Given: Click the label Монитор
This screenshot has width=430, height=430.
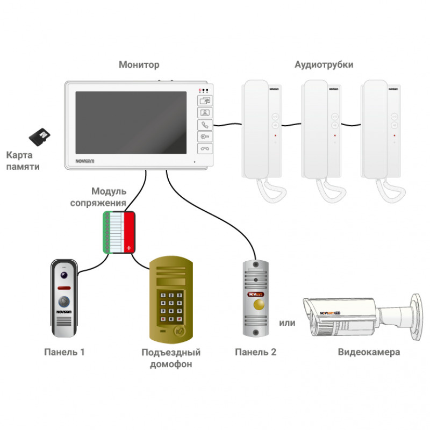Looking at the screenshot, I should pyautogui.click(x=139, y=65).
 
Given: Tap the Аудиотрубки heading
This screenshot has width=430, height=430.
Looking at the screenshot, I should pyautogui.click(x=324, y=65).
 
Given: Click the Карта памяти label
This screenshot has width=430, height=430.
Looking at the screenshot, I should pyautogui.click(x=23, y=161).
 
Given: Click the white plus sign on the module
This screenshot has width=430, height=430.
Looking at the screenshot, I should pyautogui.click(x=128, y=248).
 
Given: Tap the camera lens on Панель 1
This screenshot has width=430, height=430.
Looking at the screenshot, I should pyautogui.click(x=64, y=275).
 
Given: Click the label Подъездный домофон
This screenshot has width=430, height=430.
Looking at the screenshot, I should pyautogui.click(x=171, y=358).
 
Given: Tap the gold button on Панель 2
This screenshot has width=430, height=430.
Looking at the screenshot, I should pyautogui.click(x=259, y=306).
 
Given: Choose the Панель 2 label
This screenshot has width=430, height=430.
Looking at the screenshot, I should pyautogui.click(x=256, y=353).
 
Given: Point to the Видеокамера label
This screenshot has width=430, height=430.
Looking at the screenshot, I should pyautogui.click(x=369, y=353).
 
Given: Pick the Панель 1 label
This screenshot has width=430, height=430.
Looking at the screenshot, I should pyautogui.click(x=64, y=353).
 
